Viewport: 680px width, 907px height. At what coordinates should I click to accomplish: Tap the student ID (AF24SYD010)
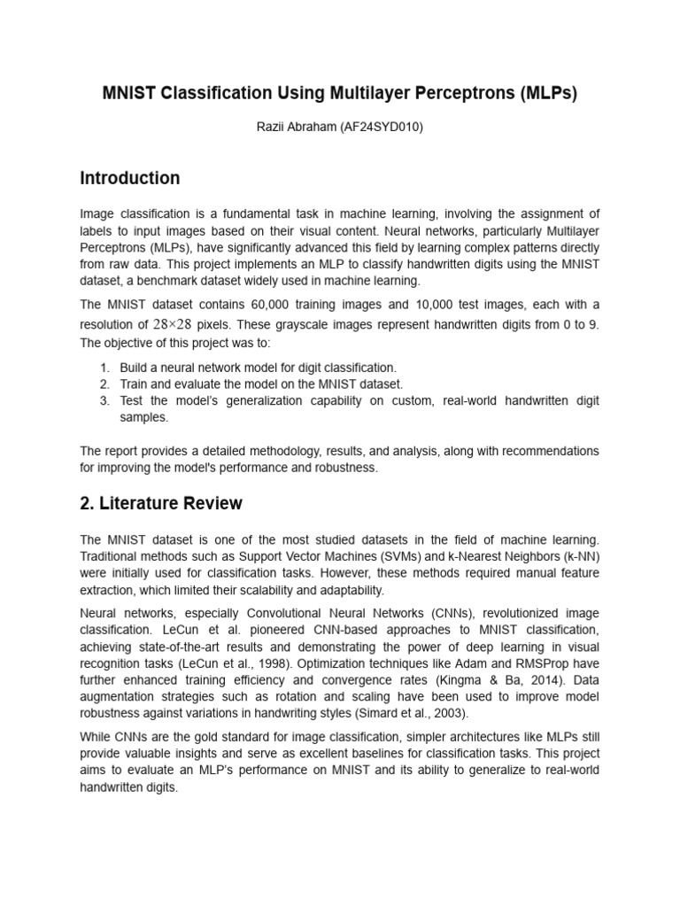point(382,128)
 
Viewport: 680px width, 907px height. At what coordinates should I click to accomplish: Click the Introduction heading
point(130,178)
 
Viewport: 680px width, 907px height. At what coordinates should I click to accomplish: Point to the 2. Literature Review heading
point(161,504)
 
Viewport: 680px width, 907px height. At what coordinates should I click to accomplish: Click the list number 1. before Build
point(104,368)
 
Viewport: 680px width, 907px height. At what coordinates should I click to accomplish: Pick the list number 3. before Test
point(104,401)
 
